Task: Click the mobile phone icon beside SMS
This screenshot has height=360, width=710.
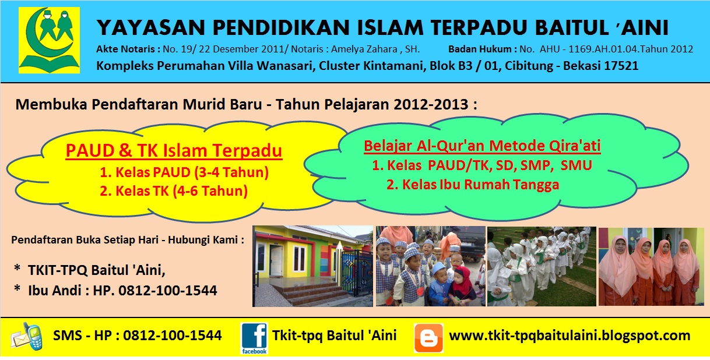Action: [29, 337]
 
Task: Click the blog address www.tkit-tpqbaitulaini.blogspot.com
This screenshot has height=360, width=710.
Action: [569, 336]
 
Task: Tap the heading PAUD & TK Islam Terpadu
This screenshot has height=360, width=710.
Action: [174, 151]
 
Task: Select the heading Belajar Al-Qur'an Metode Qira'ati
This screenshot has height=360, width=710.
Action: [482, 146]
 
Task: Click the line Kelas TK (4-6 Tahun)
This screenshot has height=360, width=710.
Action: [174, 190]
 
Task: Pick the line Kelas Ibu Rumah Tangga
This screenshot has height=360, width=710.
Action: [473, 185]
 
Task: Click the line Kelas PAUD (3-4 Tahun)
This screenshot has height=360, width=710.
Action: [184, 172]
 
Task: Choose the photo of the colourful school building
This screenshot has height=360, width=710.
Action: [312, 266]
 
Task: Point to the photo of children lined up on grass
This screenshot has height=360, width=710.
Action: [541, 266]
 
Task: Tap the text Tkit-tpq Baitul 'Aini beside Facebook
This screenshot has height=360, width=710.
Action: [334, 336]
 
